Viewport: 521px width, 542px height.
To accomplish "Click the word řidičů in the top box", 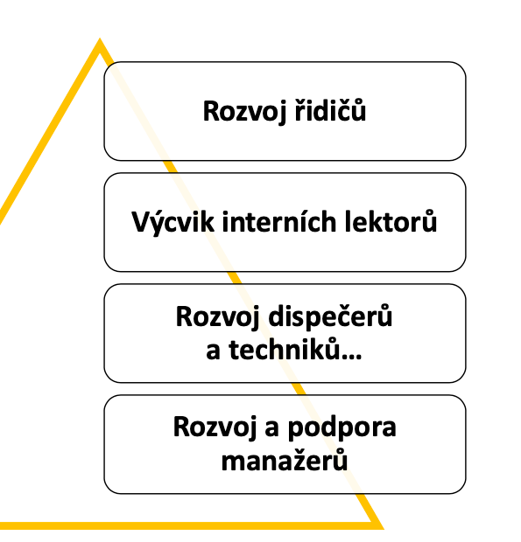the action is coord(330,110).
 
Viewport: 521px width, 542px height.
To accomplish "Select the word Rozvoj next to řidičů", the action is coord(245,112).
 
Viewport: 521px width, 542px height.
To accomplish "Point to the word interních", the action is coord(279,221).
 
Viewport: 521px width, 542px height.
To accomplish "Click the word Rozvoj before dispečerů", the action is coord(218,317).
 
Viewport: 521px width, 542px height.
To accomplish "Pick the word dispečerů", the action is coord(330,316).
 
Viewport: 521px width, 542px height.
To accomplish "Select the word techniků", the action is coord(284,350).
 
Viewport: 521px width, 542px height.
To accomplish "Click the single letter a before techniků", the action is coord(213,352).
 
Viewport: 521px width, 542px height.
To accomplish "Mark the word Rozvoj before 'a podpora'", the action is coord(215,427).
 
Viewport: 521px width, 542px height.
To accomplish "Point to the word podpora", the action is coord(342,429).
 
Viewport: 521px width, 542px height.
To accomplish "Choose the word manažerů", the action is coord(285,460).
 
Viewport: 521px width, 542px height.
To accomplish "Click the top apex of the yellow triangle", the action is coord(100,38).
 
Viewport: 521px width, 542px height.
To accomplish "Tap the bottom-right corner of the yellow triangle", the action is coord(384,529).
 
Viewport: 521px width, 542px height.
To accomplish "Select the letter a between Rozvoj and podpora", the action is coord(272,429).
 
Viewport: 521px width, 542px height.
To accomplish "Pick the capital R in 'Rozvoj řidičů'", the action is coord(211,111).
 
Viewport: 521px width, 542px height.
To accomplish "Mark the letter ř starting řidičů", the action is coord(299,110).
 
